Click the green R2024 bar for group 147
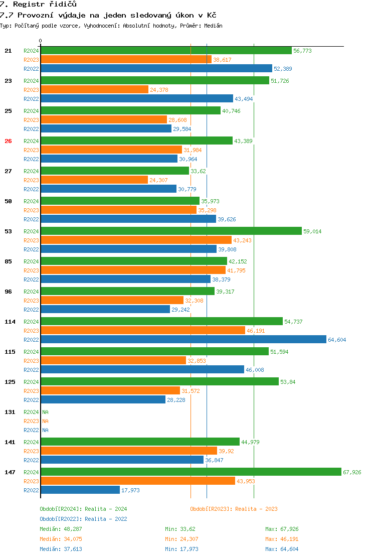coord(191,472)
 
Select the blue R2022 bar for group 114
coord(183,340)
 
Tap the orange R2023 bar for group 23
coord(95,90)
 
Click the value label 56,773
coord(302,51)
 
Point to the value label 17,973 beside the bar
coord(130,490)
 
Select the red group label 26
coord(8,142)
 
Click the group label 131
coord(10,412)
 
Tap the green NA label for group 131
coord(45,412)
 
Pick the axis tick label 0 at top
coord(40,41)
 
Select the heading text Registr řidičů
coord(45,5)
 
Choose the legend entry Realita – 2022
coord(106,519)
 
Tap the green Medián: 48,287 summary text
coord(61,529)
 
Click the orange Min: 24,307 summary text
coord(181,539)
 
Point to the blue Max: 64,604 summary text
coord(282,549)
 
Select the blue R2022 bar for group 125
coord(103,399)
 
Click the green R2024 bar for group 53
coord(171,231)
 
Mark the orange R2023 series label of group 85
coord(31,270)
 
